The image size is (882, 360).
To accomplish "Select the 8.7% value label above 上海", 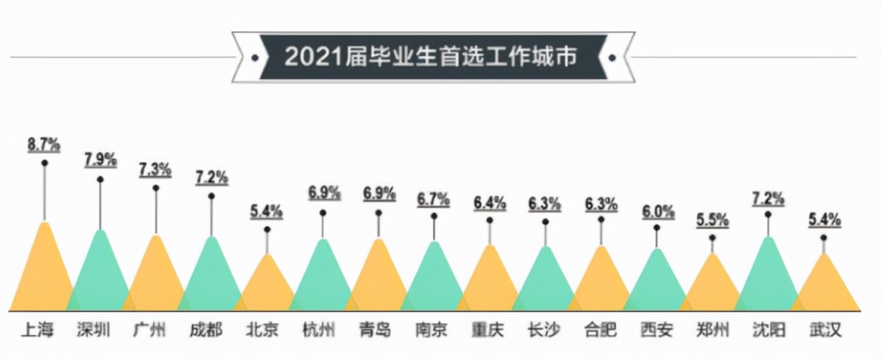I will tap(44, 144).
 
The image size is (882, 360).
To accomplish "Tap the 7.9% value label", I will tap(100, 160).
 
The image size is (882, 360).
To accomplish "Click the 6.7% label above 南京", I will tap(433, 200).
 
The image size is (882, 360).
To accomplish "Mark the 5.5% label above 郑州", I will tap(712, 221).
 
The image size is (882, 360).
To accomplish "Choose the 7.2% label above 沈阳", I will tap(768, 197).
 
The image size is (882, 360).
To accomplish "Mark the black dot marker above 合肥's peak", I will tap(601, 219).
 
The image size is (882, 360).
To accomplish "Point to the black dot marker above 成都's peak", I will tap(211, 196).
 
